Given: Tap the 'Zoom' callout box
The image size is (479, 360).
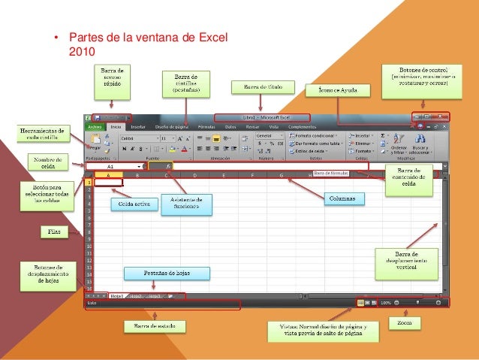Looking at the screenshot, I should pos(406,322).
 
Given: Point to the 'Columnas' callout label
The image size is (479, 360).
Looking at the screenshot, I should pos(344,199).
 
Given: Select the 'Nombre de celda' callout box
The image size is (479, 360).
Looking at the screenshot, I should pos(47,162).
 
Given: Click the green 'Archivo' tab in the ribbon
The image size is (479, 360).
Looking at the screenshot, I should pos(95,127).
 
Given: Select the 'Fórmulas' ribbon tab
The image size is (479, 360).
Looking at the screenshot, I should pos(206,127).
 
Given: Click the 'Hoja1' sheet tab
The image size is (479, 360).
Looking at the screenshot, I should pos(117,296).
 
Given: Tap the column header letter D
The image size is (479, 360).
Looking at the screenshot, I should pos(194,175).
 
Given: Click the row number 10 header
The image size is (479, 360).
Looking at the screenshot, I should pos(89,245).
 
